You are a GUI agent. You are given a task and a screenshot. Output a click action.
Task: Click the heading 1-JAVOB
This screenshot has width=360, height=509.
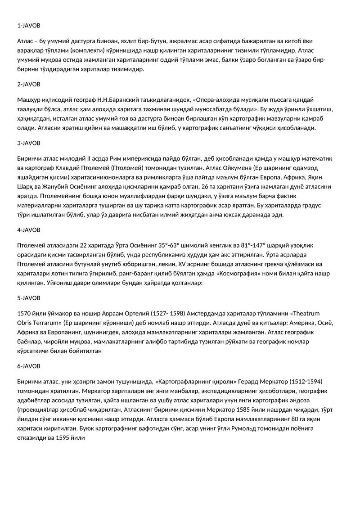pos(29,26)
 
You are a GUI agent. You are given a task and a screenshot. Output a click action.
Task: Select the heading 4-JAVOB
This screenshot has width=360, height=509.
pos(29,230)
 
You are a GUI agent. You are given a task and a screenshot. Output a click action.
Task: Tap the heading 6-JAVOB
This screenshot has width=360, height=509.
pos(29,366)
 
